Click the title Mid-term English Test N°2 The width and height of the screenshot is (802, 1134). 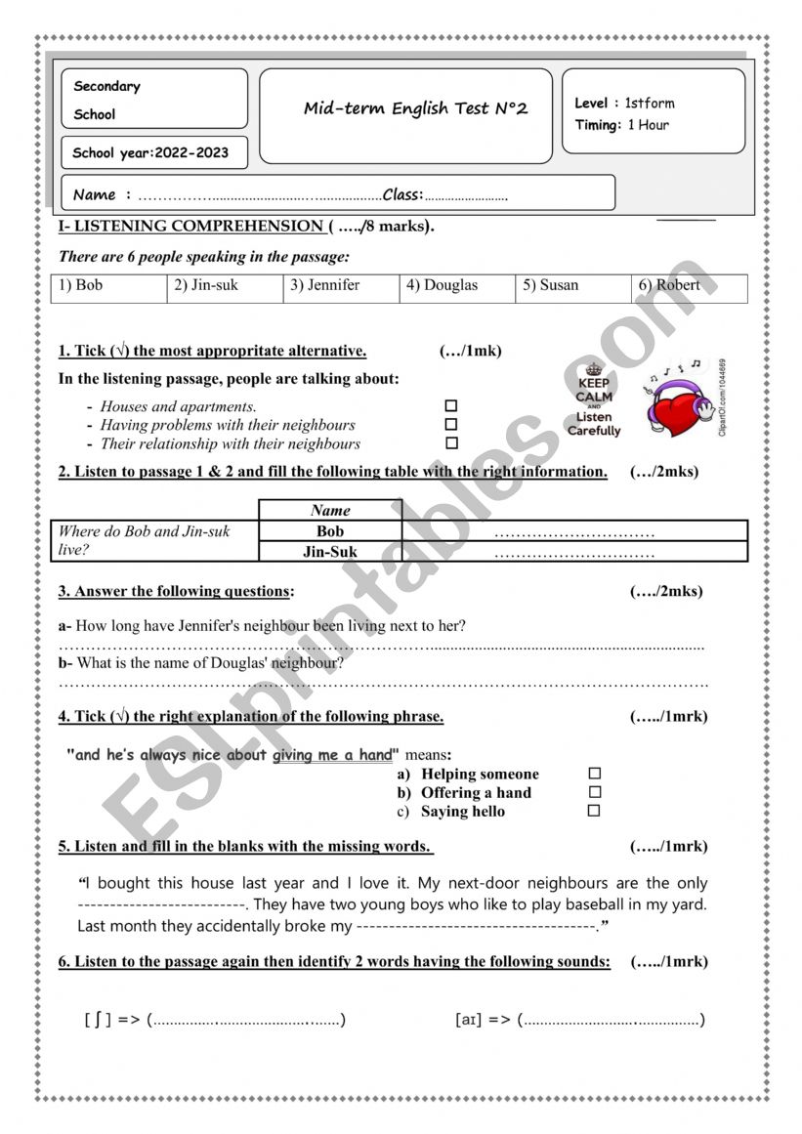point(415,108)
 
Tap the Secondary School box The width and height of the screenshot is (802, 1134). point(154,99)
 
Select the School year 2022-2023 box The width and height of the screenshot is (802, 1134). point(154,153)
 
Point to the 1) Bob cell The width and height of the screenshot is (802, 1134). point(108,286)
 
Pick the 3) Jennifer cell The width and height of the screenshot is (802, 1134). point(341,286)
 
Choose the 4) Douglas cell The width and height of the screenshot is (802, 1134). point(457,286)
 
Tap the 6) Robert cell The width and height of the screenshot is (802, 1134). point(688,286)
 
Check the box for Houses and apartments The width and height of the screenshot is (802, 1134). point(451,406)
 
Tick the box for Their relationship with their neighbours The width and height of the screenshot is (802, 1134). point(451,443)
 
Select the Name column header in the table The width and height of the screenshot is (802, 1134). point(330,510)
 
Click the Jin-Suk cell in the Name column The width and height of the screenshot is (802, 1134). point(330,552)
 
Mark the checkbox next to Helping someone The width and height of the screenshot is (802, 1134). point(595,774)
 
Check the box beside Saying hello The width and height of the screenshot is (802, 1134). point(594,811)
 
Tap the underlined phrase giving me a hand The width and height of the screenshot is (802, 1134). point(332,755)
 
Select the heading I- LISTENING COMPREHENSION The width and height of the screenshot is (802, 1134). point(190,227)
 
